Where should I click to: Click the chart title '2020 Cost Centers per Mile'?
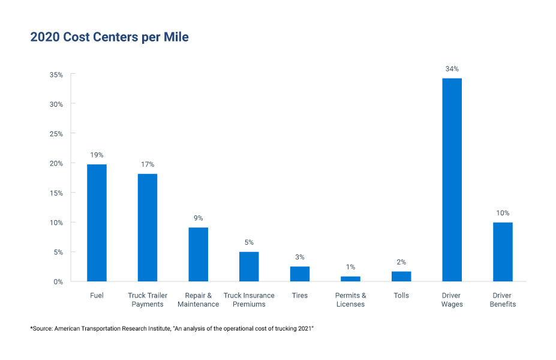pyautogui.click(x=109, y=37)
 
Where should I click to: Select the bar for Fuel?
pyautogui.click(x=97, y=223)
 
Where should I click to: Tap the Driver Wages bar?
pyautogui.click(x=452, y=180)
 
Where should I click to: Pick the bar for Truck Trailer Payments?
pyautogui.click(x=148, y=227)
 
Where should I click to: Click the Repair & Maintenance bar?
pyautogui.click(x=198, y=254)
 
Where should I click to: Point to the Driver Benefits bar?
pyautogui.click(x=503, y=252)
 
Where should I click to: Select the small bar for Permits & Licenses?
pyautogui.click(x=350, y=278)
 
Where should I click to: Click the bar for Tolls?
pyautogui.click(x=401, y=276)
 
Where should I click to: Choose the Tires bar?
pyautogui.click(x=300, y=274)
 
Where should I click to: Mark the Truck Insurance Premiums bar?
pyautogui.click(x=249, y=266)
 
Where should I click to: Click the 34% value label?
pyautogui.click(x=452, y=69)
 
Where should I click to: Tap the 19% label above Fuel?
pyautogui.click(x=97, y=155)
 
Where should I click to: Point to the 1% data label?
pyautogui.click(x=350, y=266)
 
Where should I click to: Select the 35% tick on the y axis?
pyautogui.click(x=56, y=74)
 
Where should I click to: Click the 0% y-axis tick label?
pyautogui.click(x=59, y=281)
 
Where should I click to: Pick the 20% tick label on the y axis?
pyautogui.click(x=56, y=163)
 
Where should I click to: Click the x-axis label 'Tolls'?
pyautogui.click(x=401, y=295)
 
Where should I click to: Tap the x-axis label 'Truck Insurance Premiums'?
pyautogui.click(x=249, y=299)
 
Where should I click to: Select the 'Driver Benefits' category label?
pyautogui.click(x=502, y=299)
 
